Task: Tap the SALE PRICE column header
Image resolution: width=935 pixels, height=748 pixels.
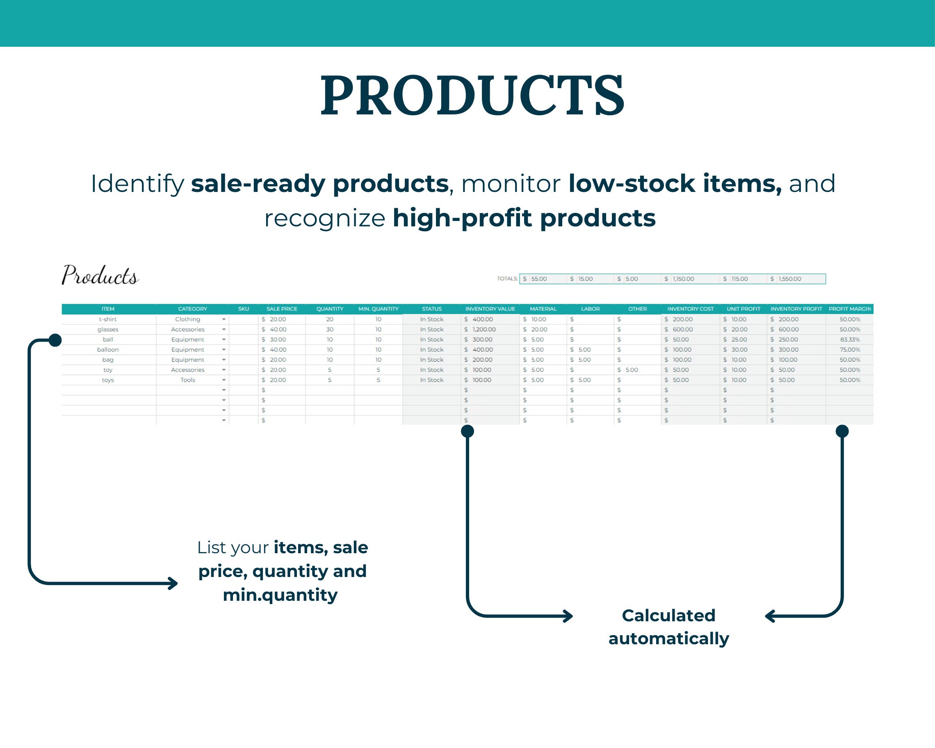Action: pos(281,309)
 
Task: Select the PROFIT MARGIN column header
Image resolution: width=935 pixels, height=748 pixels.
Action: pos(849,309)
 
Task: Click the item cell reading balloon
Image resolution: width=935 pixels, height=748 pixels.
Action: pos(107,349)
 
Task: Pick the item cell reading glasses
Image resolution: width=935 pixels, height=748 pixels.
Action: pos(107,329)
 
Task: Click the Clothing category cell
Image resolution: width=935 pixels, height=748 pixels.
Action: pos(187,319)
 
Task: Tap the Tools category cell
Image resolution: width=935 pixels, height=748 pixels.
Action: pos(187,380)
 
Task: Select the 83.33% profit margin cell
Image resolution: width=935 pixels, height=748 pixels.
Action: pos(850,340)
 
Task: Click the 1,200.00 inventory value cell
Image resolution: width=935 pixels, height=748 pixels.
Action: pos(483,329)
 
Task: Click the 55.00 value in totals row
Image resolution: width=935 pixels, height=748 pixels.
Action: pos(538,279)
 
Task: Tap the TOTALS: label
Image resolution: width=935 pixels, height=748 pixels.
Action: pos(507,279)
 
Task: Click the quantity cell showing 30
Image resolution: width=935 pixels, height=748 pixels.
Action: pos(330,329)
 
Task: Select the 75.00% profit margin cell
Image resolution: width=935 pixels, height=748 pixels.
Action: pos(850,349)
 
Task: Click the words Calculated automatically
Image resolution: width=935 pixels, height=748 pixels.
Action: pos(668,627)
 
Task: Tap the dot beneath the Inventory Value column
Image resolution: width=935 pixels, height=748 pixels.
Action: pos(467,431)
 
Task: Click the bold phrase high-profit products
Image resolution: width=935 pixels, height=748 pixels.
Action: pos(524,218)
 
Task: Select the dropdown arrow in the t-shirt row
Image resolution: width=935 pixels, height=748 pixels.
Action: pos(224,319)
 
